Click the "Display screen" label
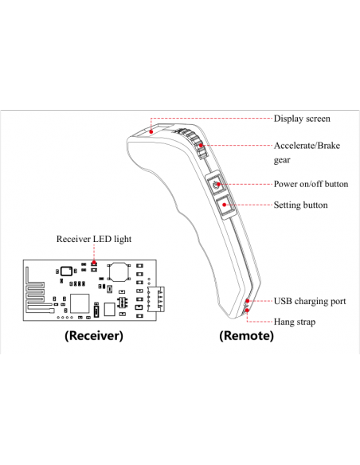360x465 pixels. tap(302, 119)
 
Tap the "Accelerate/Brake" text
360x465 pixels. tap(307, 146)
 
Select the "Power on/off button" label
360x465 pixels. tap(311, 184)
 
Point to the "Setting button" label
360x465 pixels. tap(301, 205)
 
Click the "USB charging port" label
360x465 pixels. tap(310, 301)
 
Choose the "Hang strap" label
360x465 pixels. tap(295, 322)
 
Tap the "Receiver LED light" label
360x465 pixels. tap(94, 239)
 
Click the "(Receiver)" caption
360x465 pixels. tap(94, 335)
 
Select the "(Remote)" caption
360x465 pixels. tap(246, 335)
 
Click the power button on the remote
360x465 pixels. tap(217, 185)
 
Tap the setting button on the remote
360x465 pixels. tap(225, 205)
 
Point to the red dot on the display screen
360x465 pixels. tap(151, 131)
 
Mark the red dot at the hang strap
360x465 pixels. tap(247, 311)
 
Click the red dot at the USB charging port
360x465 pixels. tap(248, 301)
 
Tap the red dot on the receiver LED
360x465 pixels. tap(94, 263)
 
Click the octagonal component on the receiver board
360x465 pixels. tap(119, 272)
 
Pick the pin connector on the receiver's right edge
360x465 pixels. tap(156, 299)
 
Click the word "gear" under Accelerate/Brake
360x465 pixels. tap(282, 160)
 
